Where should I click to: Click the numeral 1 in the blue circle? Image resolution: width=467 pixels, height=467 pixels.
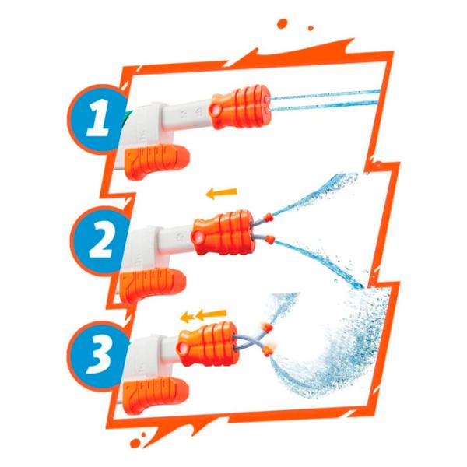pyautogui.click(x=97, y=118)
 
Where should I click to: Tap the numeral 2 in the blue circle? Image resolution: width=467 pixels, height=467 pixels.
pyautogui.click(x=101, y=241)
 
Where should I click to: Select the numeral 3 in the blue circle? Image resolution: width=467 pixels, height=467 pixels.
pyautogui.click(x=98, y=355)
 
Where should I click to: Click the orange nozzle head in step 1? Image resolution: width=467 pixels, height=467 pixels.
pyautogui.click(x=240, y=107)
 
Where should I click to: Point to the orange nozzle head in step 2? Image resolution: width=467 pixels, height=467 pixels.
pyautogui.click(x=223, y=233)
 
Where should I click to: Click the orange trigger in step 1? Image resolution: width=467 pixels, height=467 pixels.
pyautogui.click(x=156, y=161)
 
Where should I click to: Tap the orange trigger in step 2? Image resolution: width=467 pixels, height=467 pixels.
pyautogui.click(x=153, y=284)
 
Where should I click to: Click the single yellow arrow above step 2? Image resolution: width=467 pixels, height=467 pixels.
pyautogui.click(x=222, y=193)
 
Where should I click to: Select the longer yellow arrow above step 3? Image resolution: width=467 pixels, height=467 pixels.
pyautogui.click(x=211, y=314)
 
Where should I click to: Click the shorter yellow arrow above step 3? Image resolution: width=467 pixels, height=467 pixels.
pyautogui.click(x=187, y=318)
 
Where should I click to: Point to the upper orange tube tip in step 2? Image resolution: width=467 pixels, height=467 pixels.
pyautogui.click(x=269, y=216)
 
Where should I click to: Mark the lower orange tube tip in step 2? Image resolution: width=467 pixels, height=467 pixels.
pyautogui.click(x=270, y=239)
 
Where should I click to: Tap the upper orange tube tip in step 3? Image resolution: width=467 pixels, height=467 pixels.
pyautogui.click(x=268, y=328)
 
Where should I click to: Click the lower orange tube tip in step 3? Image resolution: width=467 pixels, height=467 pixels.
pyautogui.click(x=267, y=352)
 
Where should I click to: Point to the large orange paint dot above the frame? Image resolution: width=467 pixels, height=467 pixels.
pyautogui.click(x=282, y=24)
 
